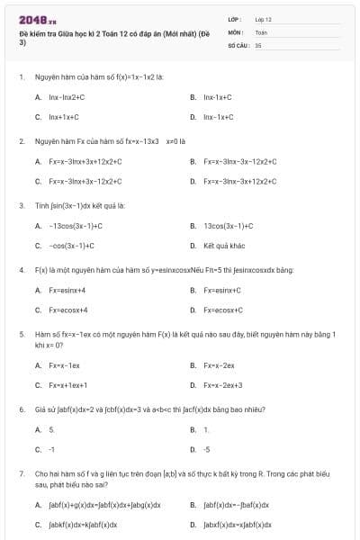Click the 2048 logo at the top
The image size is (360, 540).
[31, 19]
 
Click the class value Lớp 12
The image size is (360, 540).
[264, 19]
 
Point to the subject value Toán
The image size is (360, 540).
[261, 31]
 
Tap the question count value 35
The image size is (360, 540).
[258, 44]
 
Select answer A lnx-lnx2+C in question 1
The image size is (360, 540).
[66, 96]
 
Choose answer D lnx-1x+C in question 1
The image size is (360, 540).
[218, 117]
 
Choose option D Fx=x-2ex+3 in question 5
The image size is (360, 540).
[222, 385]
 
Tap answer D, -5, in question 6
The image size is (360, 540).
[206, 448]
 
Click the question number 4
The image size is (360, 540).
[21, 270]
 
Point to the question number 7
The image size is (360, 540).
[21, 472]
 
